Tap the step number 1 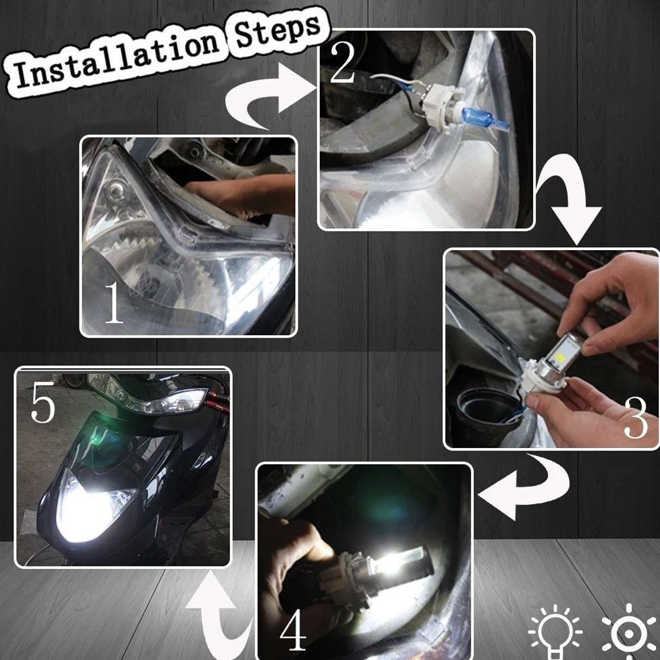coord(113,303)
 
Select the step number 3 coord(635,418)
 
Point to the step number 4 coord(293,630)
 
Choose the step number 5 coord(43,402)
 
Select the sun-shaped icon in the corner coord(629,632)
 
